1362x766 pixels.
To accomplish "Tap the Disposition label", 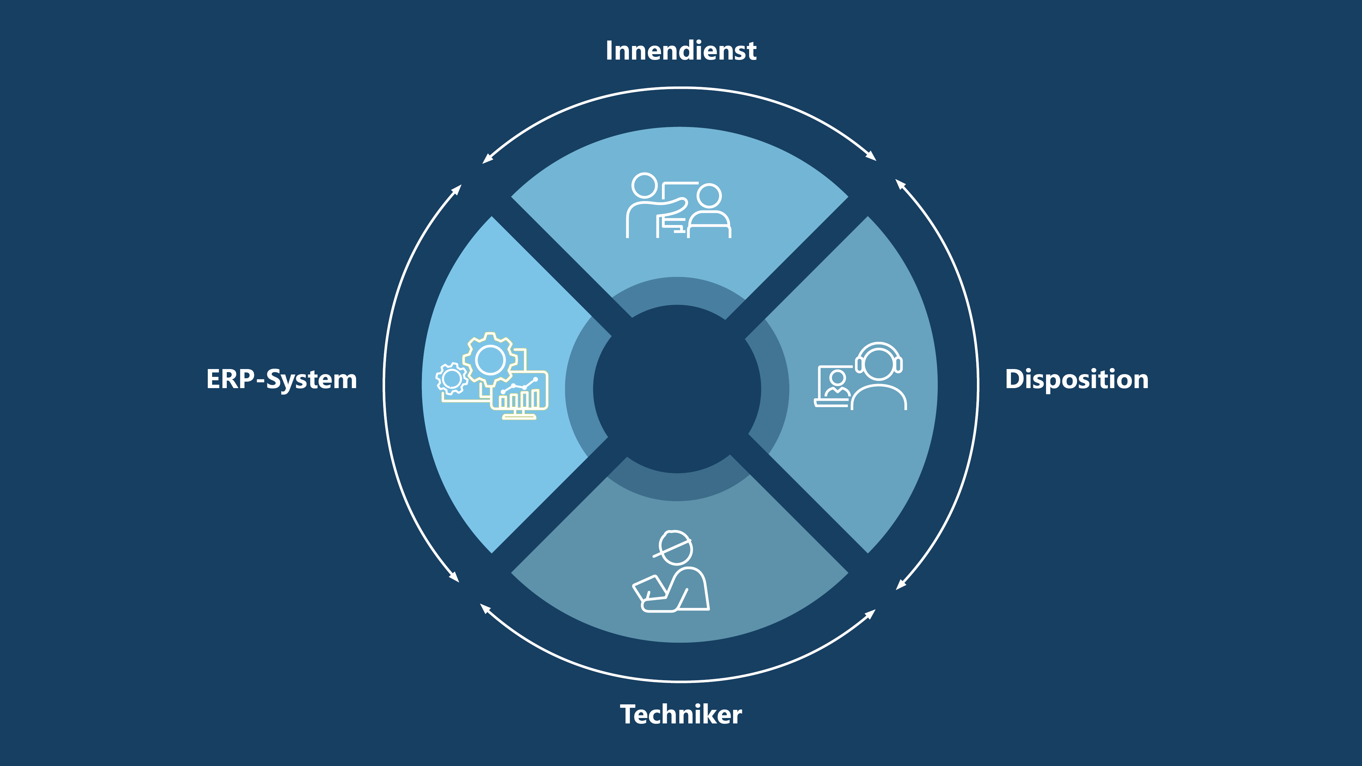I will (x=1076, y=380).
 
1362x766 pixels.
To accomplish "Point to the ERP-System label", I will (x=281, y=380).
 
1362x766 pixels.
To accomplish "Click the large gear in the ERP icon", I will (x=490, y=360).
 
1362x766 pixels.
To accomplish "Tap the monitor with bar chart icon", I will (x=520, y=394).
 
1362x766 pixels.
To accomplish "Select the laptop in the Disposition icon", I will (x=833, y=386).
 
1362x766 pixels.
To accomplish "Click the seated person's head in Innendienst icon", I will (x=709, y=196).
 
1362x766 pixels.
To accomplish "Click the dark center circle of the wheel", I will (x=677, y=388).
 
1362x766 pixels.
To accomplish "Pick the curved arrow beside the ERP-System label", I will (x=384, y=385).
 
